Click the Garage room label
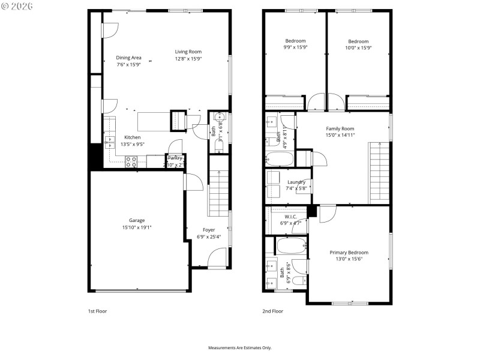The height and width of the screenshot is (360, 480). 136,220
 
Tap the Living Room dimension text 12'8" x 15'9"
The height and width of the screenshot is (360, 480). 188,59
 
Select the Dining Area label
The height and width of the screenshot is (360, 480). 128,58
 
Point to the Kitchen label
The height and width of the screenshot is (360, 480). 132,137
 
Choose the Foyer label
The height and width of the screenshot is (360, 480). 208,230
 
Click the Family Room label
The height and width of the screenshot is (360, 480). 340,128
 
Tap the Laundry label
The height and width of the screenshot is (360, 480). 296,182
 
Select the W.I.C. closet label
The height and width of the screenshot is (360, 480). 290,217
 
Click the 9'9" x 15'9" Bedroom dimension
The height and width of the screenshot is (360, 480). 295,47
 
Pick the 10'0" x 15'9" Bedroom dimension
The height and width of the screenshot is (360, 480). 358,47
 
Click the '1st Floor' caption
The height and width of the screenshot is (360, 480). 97,311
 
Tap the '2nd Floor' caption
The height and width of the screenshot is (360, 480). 272,311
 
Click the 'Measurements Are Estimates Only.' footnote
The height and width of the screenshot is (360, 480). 239,347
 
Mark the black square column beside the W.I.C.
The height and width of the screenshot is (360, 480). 311,211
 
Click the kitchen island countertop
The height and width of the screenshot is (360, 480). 154,121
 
